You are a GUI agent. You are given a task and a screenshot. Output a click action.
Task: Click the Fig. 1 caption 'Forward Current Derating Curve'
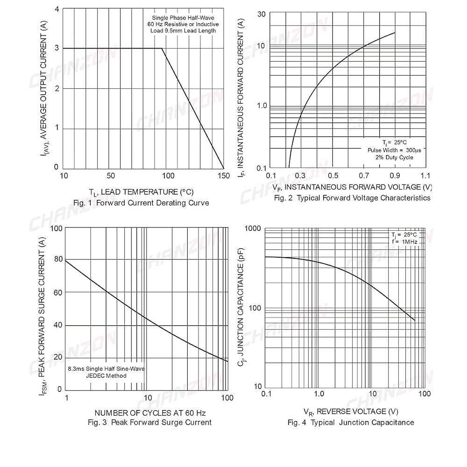(153, 203)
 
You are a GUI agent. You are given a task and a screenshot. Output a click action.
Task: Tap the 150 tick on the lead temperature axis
(224, 176)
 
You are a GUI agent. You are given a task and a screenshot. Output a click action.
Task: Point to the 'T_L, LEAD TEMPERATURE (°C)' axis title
(141, 192)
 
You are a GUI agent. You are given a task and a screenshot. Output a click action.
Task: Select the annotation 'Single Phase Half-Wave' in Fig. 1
(183, 18)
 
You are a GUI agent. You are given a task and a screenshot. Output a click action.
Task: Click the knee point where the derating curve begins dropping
(162, 48)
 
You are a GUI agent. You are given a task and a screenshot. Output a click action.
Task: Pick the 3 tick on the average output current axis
(57, 48)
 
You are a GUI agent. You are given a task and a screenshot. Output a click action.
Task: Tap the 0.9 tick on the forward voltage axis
(395, 176)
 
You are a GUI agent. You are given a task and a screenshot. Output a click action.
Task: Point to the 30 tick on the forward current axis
(261, 14)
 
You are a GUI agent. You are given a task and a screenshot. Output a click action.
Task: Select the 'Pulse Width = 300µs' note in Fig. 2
(394, 150)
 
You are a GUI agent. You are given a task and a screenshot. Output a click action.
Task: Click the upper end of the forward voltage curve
(395, 33)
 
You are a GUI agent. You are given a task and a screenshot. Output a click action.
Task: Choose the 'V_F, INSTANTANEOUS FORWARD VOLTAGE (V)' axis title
(352, 187)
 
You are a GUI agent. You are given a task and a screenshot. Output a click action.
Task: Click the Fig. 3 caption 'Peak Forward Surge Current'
(162, 422)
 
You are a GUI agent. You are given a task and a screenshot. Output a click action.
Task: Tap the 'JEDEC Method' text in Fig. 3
(106, 376)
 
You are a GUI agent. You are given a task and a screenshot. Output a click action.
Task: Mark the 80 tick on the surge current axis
(58, 259)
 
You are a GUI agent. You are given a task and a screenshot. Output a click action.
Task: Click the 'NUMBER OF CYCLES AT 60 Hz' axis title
(150, 413)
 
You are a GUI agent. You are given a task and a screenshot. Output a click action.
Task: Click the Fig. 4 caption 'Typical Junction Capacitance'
(362, 422)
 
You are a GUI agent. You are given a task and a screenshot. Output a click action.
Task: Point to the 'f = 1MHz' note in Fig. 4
(405, 242)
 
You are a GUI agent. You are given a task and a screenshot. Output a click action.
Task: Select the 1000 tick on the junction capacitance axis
(253, 228)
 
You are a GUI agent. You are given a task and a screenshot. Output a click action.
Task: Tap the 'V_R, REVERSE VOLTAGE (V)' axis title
(351, 411)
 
